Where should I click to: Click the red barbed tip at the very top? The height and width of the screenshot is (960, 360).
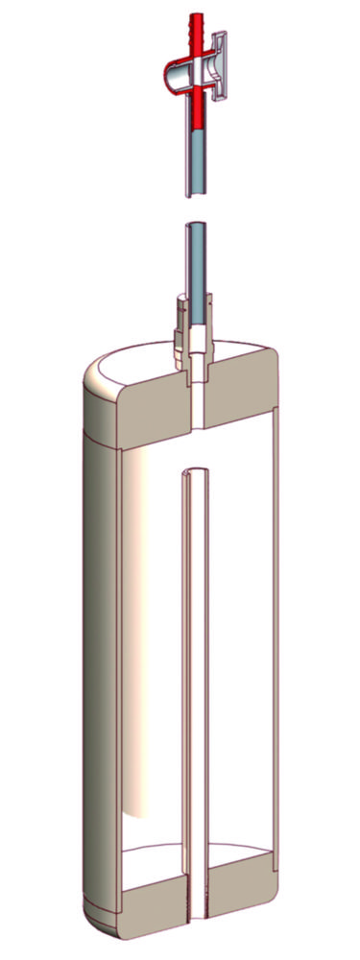coord(201,23)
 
